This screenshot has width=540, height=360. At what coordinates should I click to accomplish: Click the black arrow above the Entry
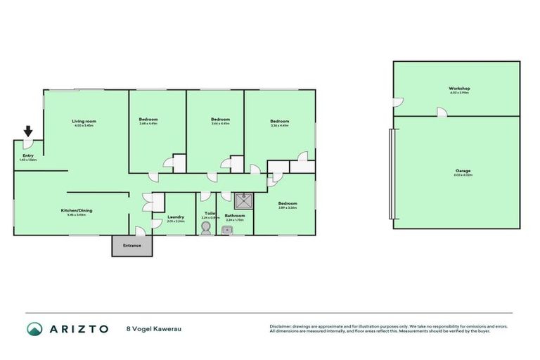click(28, 131)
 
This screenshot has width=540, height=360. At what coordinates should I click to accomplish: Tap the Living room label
click(84, 122)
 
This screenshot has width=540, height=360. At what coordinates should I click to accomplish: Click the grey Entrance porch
click(132, 245)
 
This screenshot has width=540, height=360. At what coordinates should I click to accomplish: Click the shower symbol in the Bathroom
click(243, 200)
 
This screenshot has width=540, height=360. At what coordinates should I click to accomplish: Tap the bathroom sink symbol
click(226, 229)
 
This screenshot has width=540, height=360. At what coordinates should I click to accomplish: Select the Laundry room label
click(176, 217)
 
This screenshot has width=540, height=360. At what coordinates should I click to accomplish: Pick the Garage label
click(462, 171)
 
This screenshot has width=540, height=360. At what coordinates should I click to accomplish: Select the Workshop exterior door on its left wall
click(397, 103)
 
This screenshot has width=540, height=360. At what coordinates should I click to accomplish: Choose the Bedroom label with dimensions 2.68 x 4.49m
click(148, 120)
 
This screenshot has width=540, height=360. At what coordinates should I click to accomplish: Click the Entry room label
click(28, 156)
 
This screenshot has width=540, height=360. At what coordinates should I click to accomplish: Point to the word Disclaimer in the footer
click(281, 326)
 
